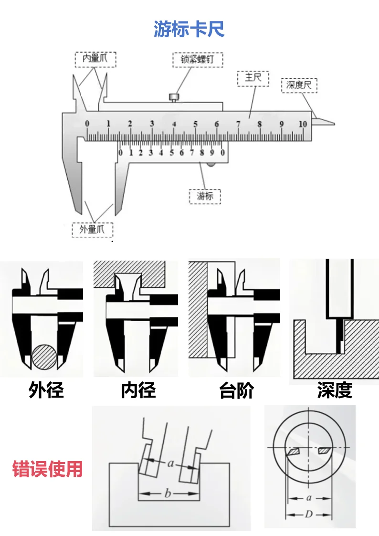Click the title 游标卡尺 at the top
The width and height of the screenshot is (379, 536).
[x=189, y=29]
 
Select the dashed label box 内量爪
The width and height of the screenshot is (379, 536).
[x=95, y=59]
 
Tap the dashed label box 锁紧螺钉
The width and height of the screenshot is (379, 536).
[x=197, y=60]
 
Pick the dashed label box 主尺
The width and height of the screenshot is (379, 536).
[x=253, y=78]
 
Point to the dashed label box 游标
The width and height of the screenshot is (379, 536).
[x=205, y=196]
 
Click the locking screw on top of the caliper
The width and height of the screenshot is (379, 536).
[x=174, y=97]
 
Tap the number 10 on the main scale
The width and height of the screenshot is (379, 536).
[x=302, y=124]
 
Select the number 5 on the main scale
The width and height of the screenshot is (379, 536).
[x=195, y=124]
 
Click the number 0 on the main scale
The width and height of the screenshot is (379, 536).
[x=87, y=124]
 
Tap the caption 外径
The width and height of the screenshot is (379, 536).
[x=46, y=390]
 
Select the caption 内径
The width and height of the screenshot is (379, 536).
[x=138, y=390]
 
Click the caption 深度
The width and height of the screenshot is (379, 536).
[x=335, y=390]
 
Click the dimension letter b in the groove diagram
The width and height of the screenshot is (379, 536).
[x=168, y=494]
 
